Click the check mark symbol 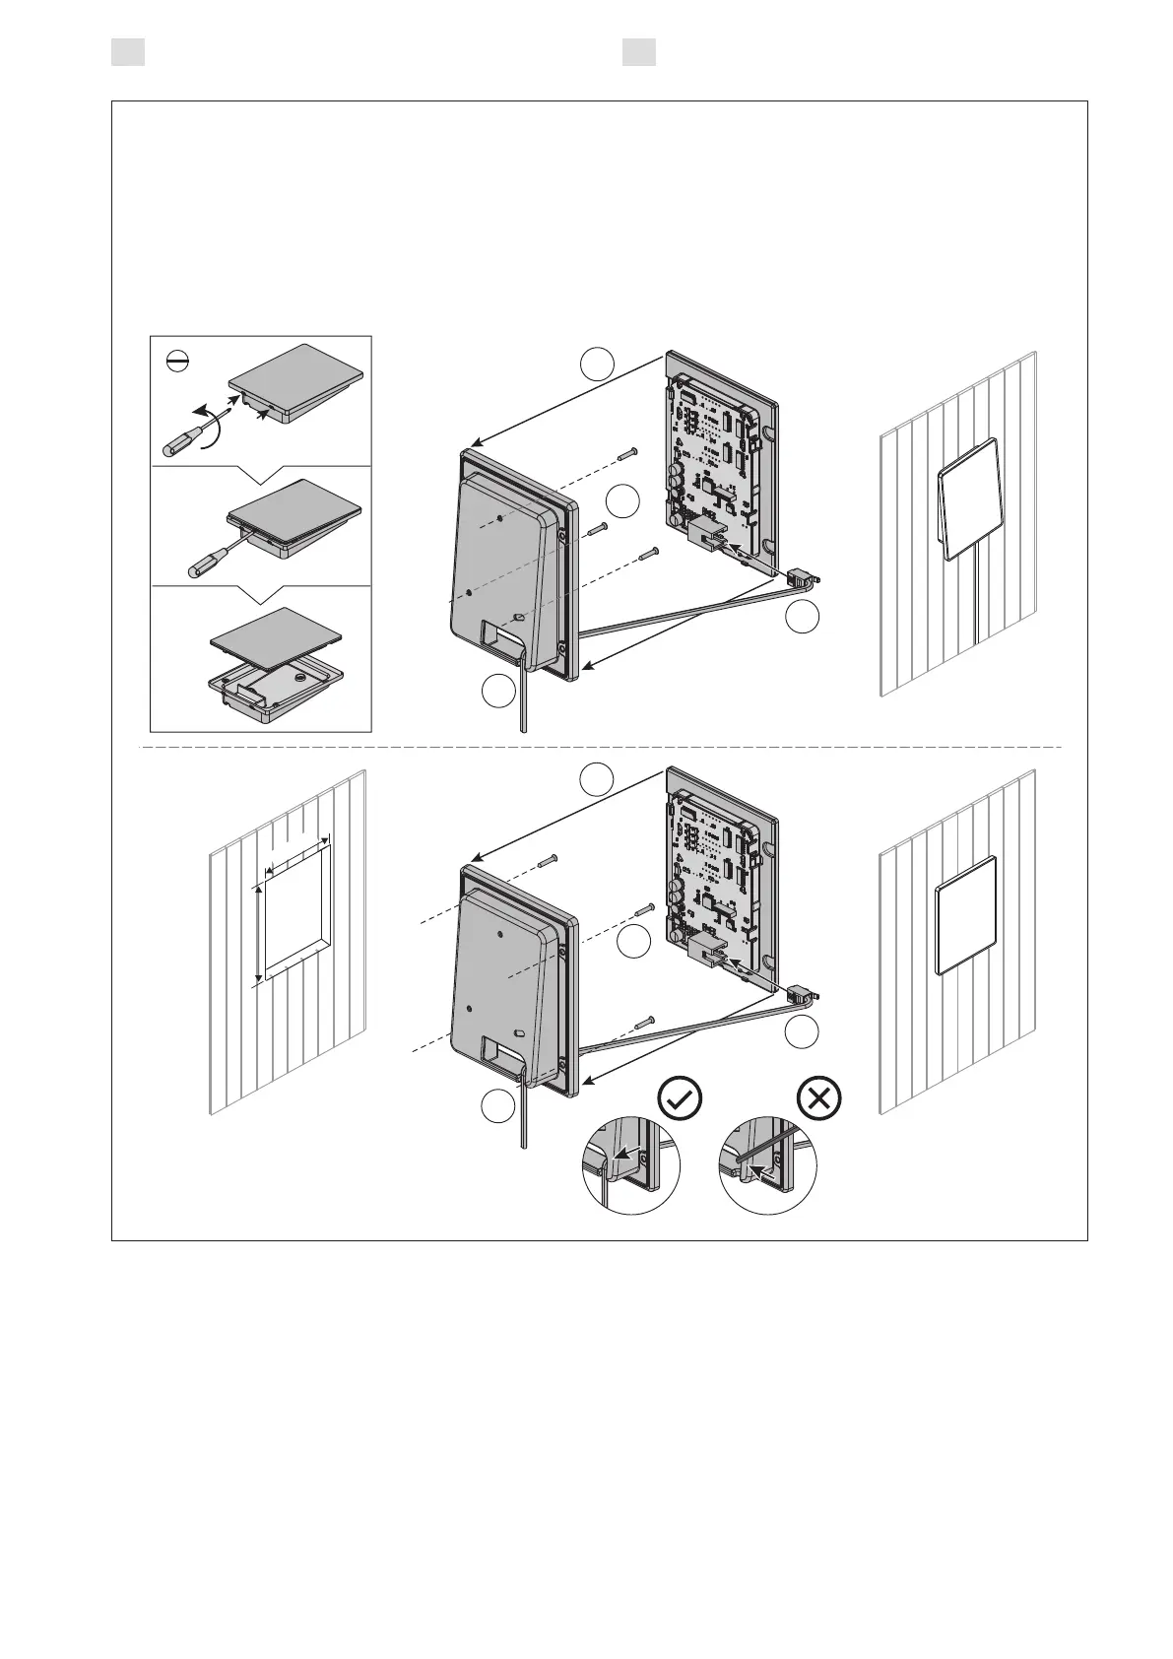[x=680, y=1097]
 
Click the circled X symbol [x=818, y=1097]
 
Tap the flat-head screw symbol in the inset [x=177, y=365]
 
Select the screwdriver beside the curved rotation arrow [x=183, y=438]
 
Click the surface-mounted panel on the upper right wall [x=971, y=498]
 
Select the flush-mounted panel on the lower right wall [x=966, y=915]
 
